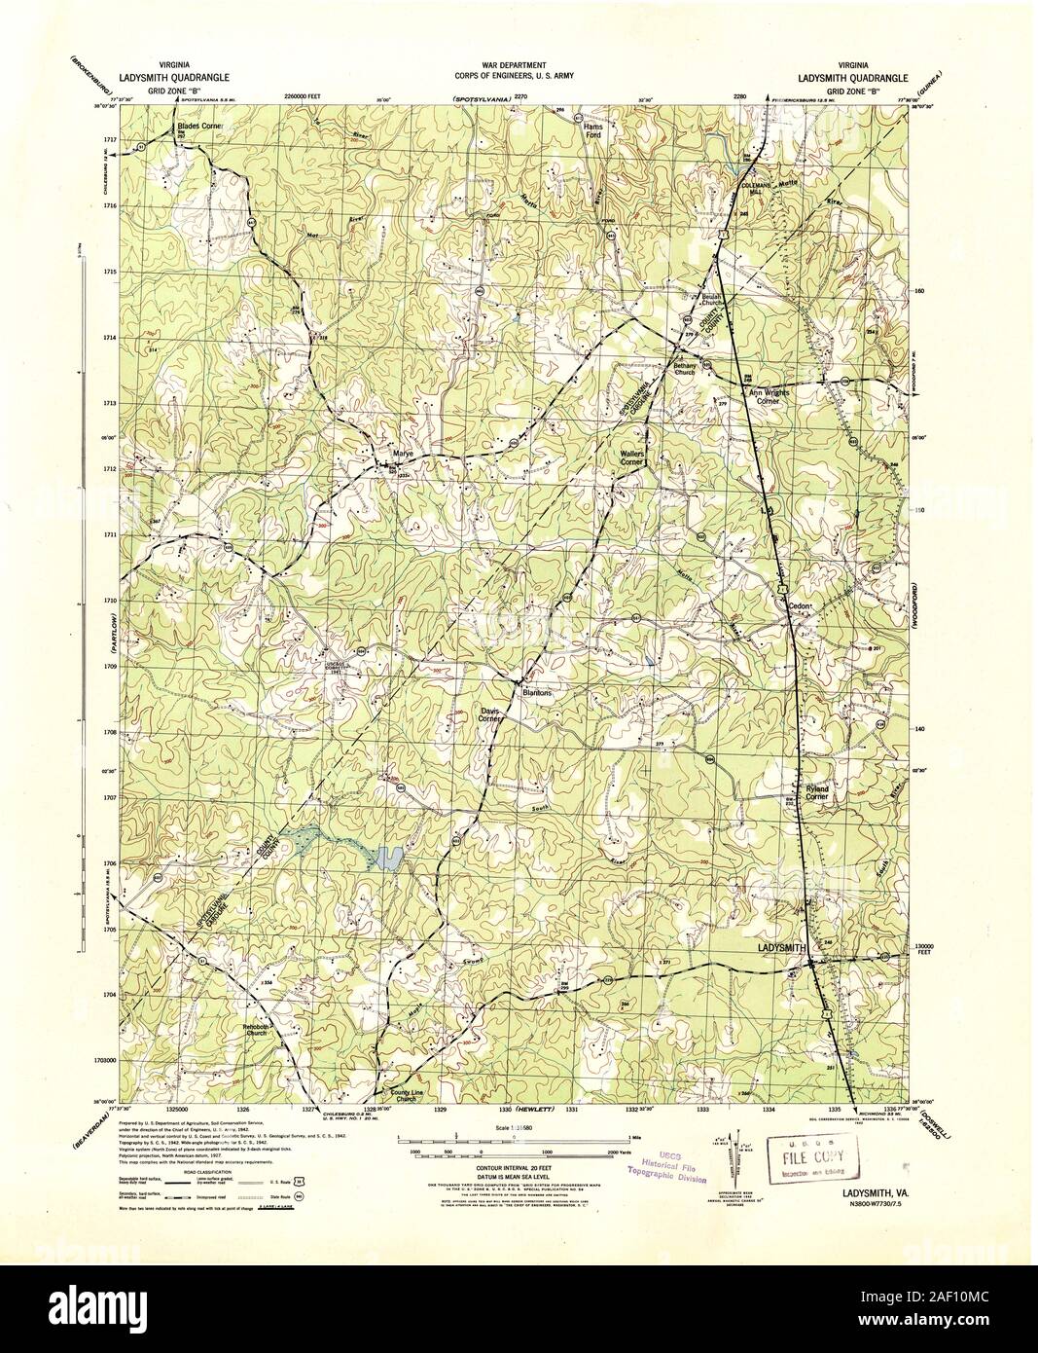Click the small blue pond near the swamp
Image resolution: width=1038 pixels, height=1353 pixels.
tap(387, 858)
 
